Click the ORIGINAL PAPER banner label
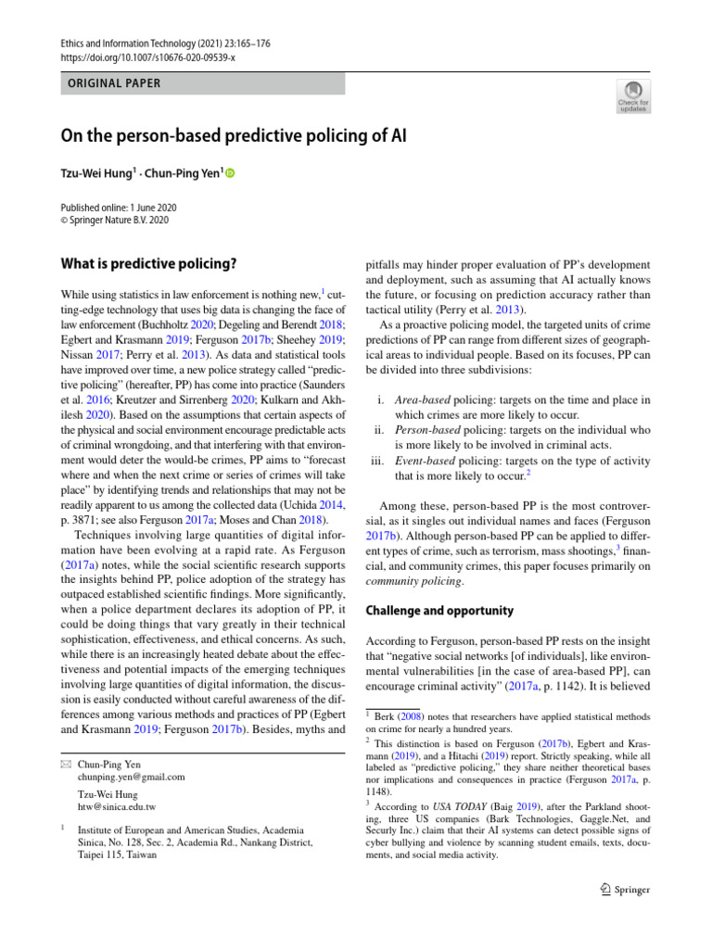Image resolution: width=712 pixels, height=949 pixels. point(114,83)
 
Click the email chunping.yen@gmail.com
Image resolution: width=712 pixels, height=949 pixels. point(131,777)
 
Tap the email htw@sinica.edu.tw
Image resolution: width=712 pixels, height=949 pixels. point(117,806)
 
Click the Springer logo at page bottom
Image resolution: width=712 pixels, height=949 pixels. point(626,890)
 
